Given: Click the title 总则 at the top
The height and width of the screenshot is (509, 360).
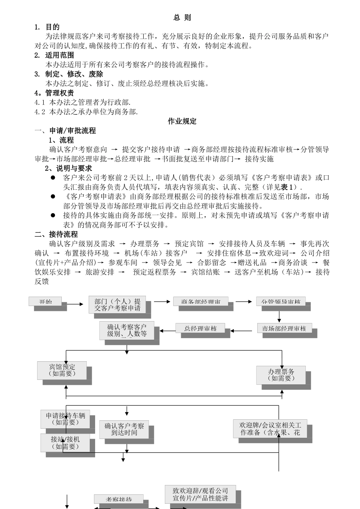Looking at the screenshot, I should (182, 17).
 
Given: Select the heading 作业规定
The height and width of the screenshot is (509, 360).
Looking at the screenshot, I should (182, 121).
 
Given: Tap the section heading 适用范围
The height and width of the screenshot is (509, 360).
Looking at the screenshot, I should (59, 55).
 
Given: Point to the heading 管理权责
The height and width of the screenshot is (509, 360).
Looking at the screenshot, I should (59, 93).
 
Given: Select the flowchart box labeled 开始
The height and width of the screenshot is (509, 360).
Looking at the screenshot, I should (45, 301).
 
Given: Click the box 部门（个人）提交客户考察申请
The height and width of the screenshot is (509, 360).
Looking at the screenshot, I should (117, 304).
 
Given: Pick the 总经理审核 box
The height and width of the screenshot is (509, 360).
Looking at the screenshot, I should (200, 328).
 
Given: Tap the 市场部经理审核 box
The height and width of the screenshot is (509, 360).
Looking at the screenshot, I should (284, 328).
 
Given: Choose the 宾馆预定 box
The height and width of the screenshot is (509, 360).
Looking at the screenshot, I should (62, 370).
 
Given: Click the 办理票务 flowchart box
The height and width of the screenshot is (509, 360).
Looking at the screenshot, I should (281, 375).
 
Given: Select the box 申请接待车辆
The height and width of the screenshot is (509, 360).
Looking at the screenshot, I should (66, 419).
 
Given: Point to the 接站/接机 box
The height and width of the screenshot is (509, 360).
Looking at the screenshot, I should (65, 443).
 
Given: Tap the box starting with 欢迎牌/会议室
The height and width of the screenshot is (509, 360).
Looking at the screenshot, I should (270, 429).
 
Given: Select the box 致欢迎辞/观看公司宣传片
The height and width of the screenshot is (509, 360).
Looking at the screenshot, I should (200, 494).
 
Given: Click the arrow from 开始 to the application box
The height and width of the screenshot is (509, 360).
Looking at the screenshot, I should (75, 304).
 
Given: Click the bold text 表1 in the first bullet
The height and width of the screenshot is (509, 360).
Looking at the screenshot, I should (286, 187).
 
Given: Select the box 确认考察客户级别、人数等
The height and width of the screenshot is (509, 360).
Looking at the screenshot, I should (127, 330).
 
